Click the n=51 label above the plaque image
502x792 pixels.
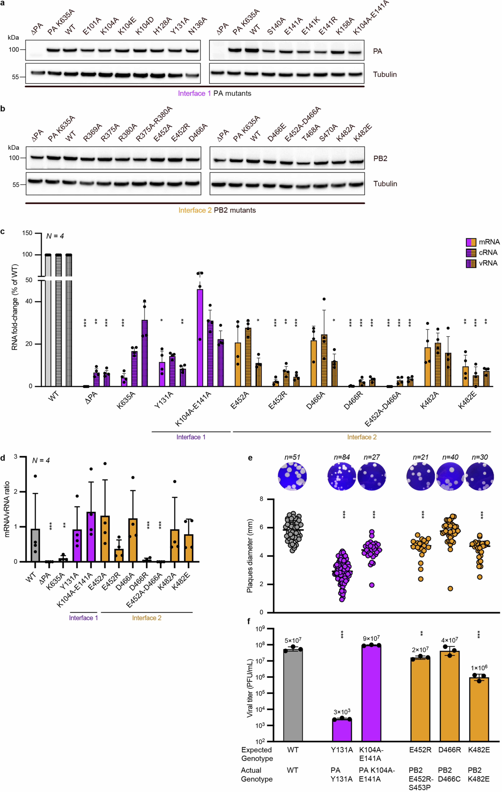(292, 457)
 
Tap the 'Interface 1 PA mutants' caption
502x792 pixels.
(214, 93)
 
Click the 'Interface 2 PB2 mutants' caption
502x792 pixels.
(217, 210)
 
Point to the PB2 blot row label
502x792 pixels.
(380, 159)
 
